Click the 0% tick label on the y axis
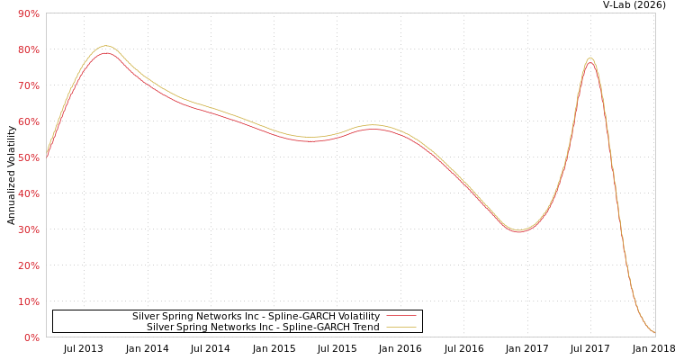click(x=31, y=337)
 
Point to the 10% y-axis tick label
click(x=28, y=301)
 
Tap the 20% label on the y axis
click(x=28, y=265)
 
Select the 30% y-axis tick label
click(x=28, y=229)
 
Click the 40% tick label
click(x=28, y=193)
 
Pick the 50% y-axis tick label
click(x=28, y=157)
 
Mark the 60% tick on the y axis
click(x=28, y=121)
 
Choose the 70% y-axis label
click(x=28, y=85)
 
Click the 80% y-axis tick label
click(x=28, y=49)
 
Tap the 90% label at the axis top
click(x=28, y=13)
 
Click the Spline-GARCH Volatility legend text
click(x=256, y=317)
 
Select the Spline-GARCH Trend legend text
click(x=263, y=328)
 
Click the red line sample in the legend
click(x=400, y=317)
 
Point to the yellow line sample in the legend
click(x=400, y=328)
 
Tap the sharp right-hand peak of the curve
click(x=590, y=59)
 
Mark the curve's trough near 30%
click(x=517, y=230)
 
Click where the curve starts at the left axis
click(x=47, y=155)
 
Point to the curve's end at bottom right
click(x=654, y=334)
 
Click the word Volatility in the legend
click(x=355, y=317)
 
